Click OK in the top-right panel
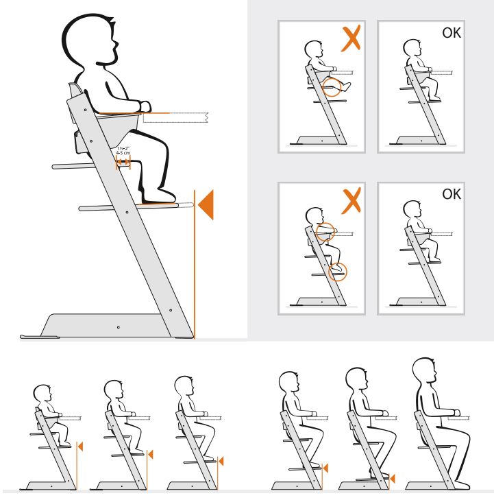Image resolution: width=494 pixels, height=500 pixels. (x=452, y=32)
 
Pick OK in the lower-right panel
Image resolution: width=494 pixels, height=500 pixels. (x=452, y=194)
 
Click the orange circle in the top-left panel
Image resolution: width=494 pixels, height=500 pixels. (x=334, y=87)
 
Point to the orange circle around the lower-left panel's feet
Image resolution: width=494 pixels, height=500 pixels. (x=338, y=271)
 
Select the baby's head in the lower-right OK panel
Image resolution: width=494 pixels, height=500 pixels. (x=411, y=211)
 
